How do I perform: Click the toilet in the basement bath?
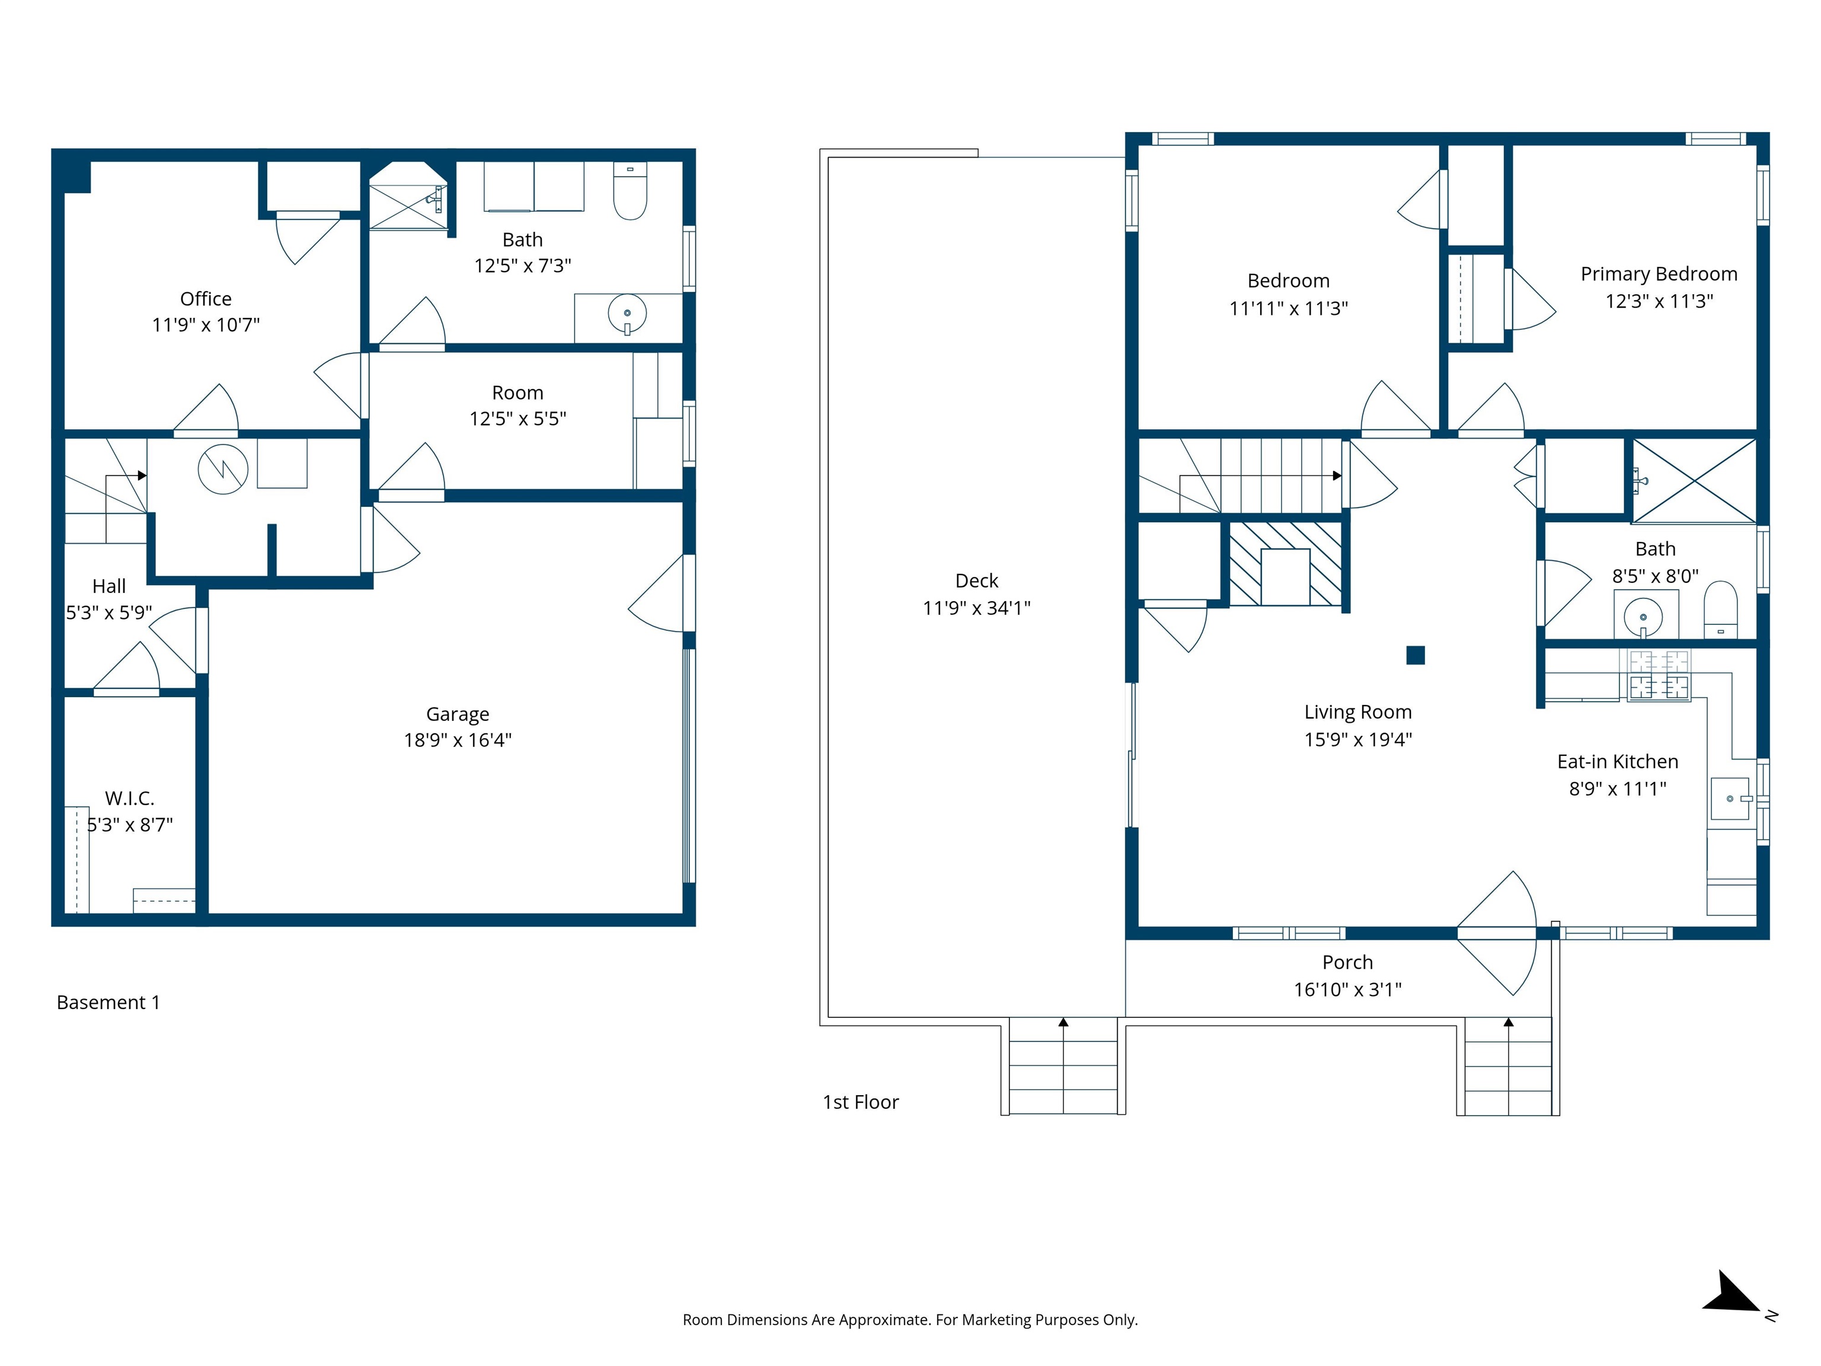pyautogui.click(x=631, y=192)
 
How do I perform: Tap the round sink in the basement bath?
pyautogui.click(x=627, y=314)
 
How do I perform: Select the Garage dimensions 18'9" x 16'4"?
pyautogui.click(x=457, y=741)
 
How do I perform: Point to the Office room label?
pyautogui.click(x=206, y=299)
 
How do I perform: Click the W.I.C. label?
pyautogui.click(x=129, y=798)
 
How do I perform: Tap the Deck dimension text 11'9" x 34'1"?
pyautogui.click(x=976, y=608)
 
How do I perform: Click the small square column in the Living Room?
pyautogui.click(x=1415, y=655)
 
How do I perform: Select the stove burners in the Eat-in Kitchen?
pyautogui.click(x=1659, y=674)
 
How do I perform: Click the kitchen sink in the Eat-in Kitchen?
pyautogui.click(x=1730, y=799)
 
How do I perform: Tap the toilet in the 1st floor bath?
pyautogui.click(x=1720, y=609)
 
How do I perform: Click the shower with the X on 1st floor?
pyautogui.click(x=1694, y=481)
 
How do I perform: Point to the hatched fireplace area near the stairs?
pyautogui.click(x=1285, y=564)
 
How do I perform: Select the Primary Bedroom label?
pyautogui.click(x=1658, y=274)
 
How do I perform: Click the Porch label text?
pyautogui.click(x=1347, y=962)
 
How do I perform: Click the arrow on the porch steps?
pyautogui.click(x=1508, y=1023)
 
